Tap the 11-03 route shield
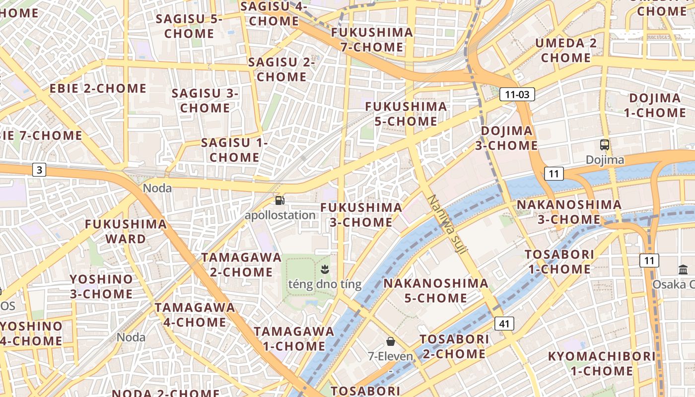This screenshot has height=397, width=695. [x=517, y=94]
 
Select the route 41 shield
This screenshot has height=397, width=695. [x=504, y=324]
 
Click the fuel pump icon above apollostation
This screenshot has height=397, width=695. [x=280, y=200]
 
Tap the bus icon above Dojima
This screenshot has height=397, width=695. [x=605, y=145]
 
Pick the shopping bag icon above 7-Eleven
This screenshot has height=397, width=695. [x=391, y=341]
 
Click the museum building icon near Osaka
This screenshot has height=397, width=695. [x=683, y=270]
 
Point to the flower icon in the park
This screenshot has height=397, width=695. [x=325, y=270]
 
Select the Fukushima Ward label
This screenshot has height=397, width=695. [x=126, y=231]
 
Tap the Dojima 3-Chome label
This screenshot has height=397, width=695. [x=506, y=138]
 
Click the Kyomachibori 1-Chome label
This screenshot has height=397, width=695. [x=602, y=363]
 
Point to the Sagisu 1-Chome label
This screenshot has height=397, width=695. [x=234, y=150]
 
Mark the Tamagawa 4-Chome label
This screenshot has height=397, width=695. [x=195, y=315]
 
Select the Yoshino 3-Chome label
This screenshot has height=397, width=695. [x=101, y=286]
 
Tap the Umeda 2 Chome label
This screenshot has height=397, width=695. [x=566, y=50]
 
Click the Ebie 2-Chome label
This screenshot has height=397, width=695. [x=98, y=89]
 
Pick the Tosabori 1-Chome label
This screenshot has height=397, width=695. [x=559, y=262]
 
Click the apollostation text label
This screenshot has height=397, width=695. [x=280, y=215]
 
